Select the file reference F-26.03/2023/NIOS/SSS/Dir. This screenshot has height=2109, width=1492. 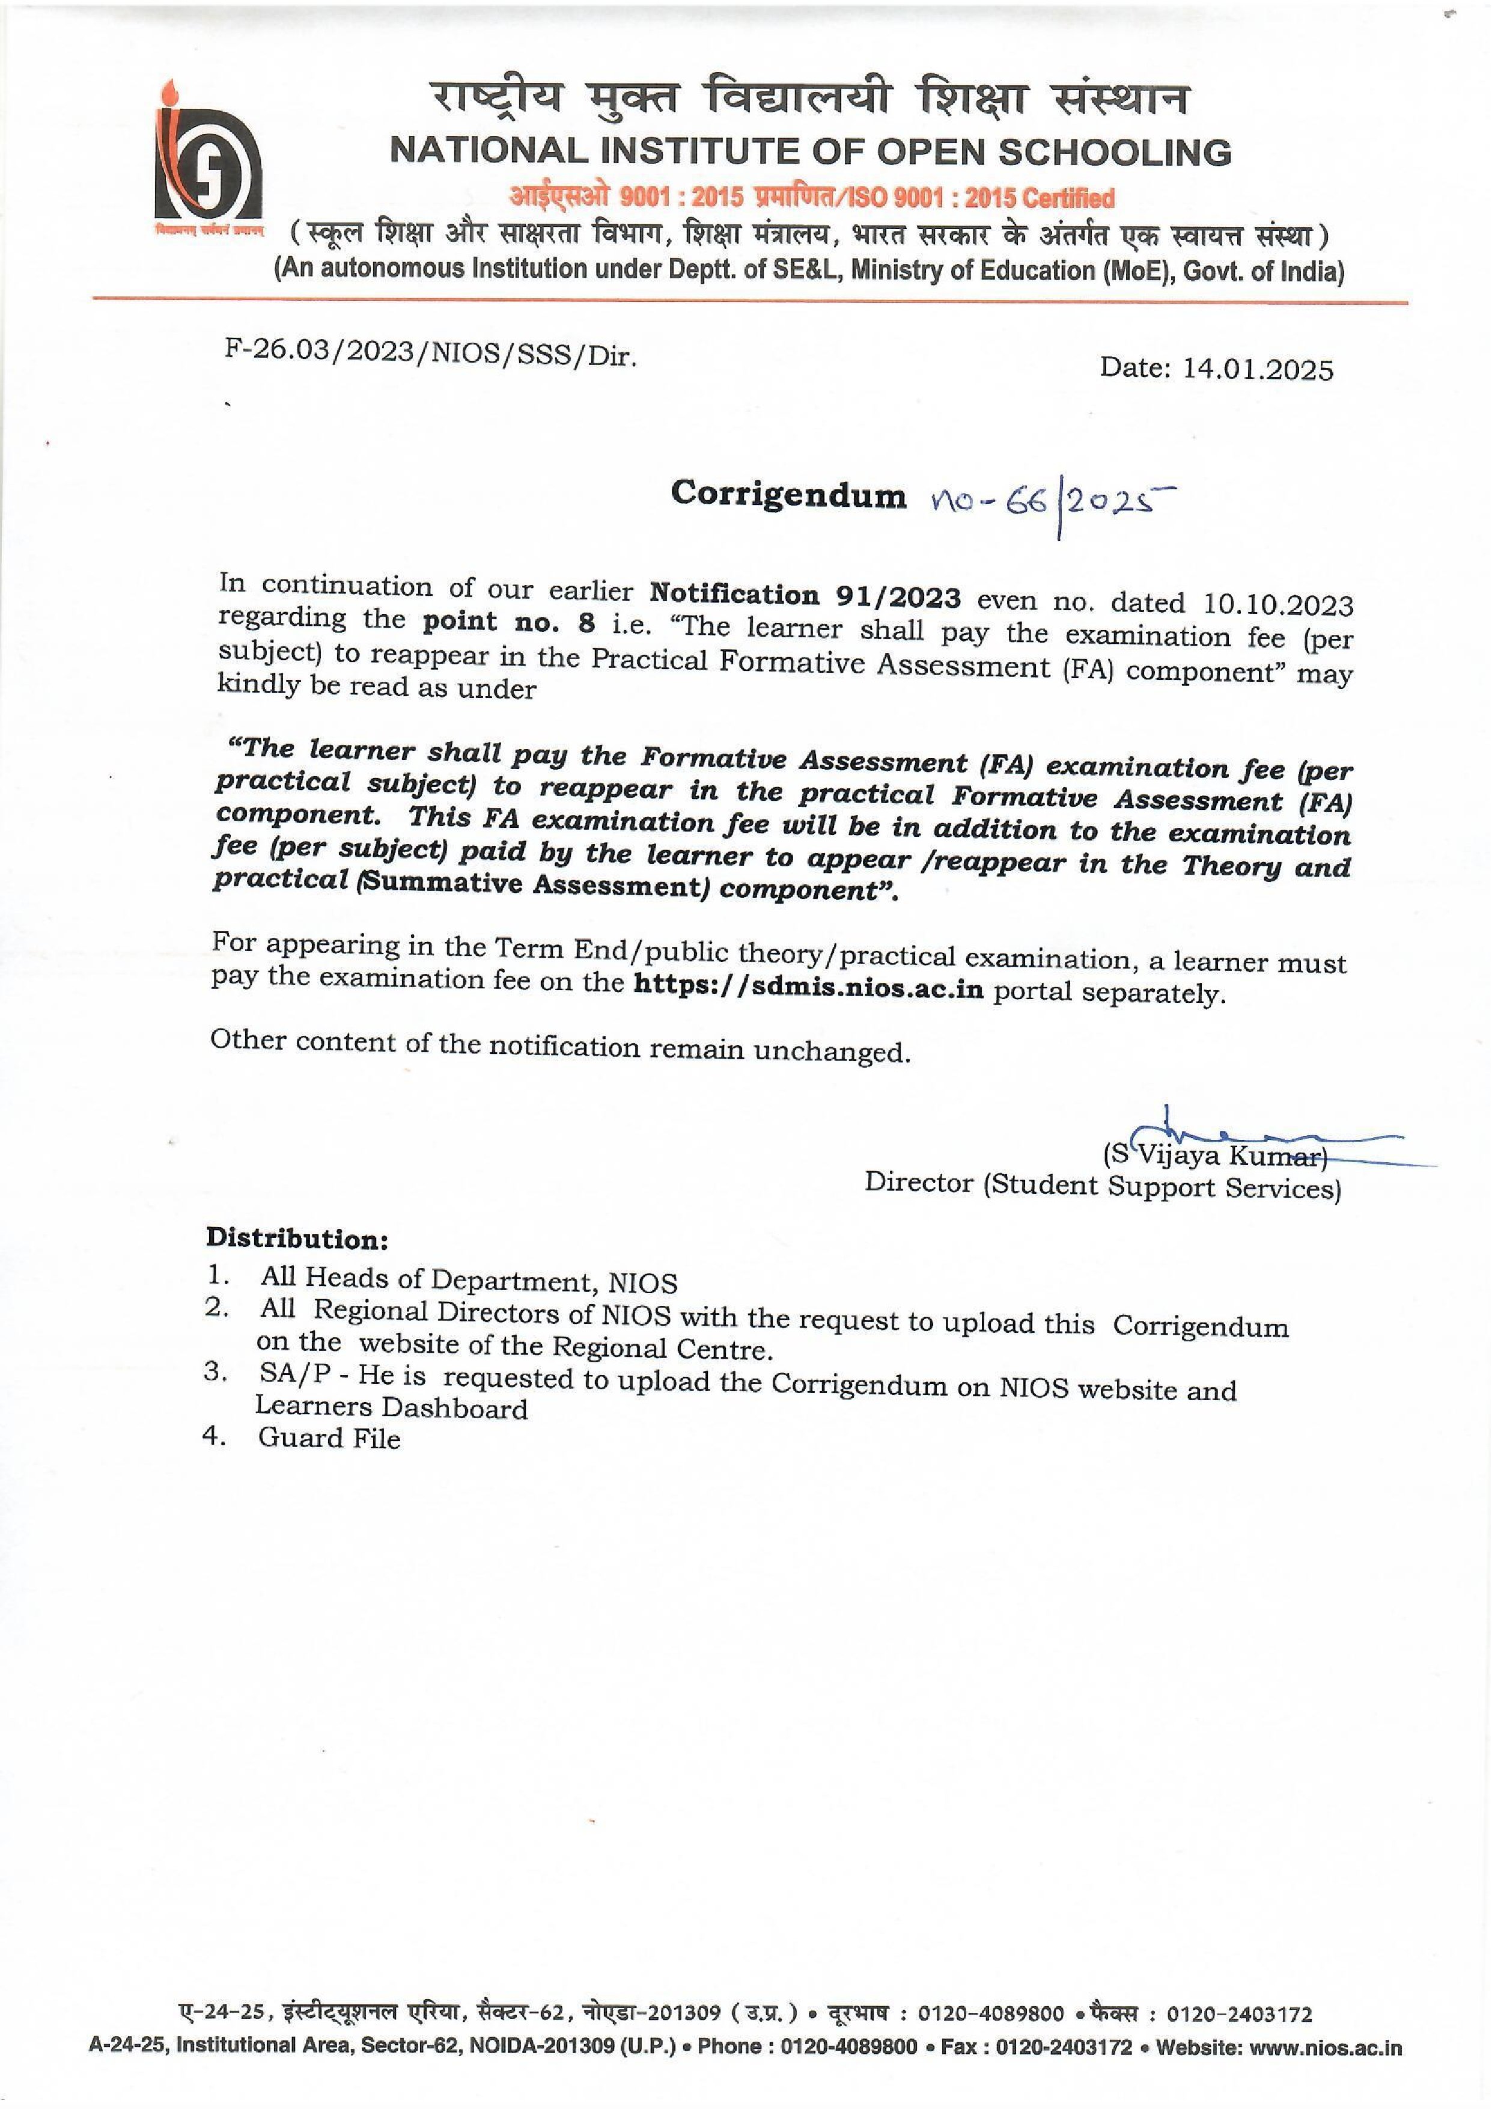coord(431,354)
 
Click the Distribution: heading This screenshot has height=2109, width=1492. coord(297,1238)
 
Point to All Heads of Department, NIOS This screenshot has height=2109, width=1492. coord(469,1280)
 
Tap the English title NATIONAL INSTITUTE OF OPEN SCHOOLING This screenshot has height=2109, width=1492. coord(811,152)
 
